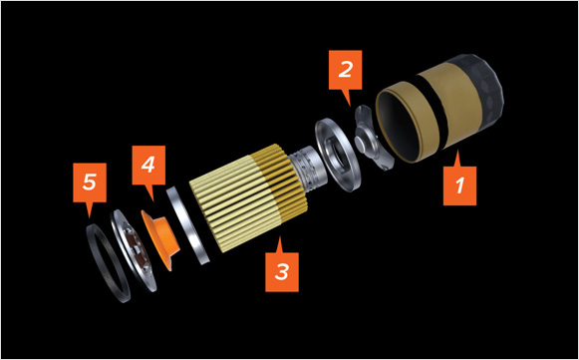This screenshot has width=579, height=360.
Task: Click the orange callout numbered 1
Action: pos(459,182)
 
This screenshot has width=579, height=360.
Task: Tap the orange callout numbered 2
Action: pos(345,72)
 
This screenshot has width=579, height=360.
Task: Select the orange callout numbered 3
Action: pos(282,269)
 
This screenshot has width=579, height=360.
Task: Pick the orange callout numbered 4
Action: pos(148,168)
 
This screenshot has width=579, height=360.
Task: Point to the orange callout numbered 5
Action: pos(90,184)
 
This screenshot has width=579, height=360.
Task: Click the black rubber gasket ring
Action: pos(107,264)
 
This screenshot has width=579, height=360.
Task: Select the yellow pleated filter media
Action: pos(248,197)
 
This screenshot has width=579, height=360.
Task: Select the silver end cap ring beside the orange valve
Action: pos(187,225)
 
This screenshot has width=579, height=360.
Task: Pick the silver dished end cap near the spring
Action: pos(337,155)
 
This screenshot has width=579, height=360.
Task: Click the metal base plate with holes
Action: pos(133,250)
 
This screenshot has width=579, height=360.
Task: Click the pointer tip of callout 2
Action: pos(351,107)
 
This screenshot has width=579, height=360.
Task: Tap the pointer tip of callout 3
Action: pos(279,236)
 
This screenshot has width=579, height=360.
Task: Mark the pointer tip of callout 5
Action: pos(89,218)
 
